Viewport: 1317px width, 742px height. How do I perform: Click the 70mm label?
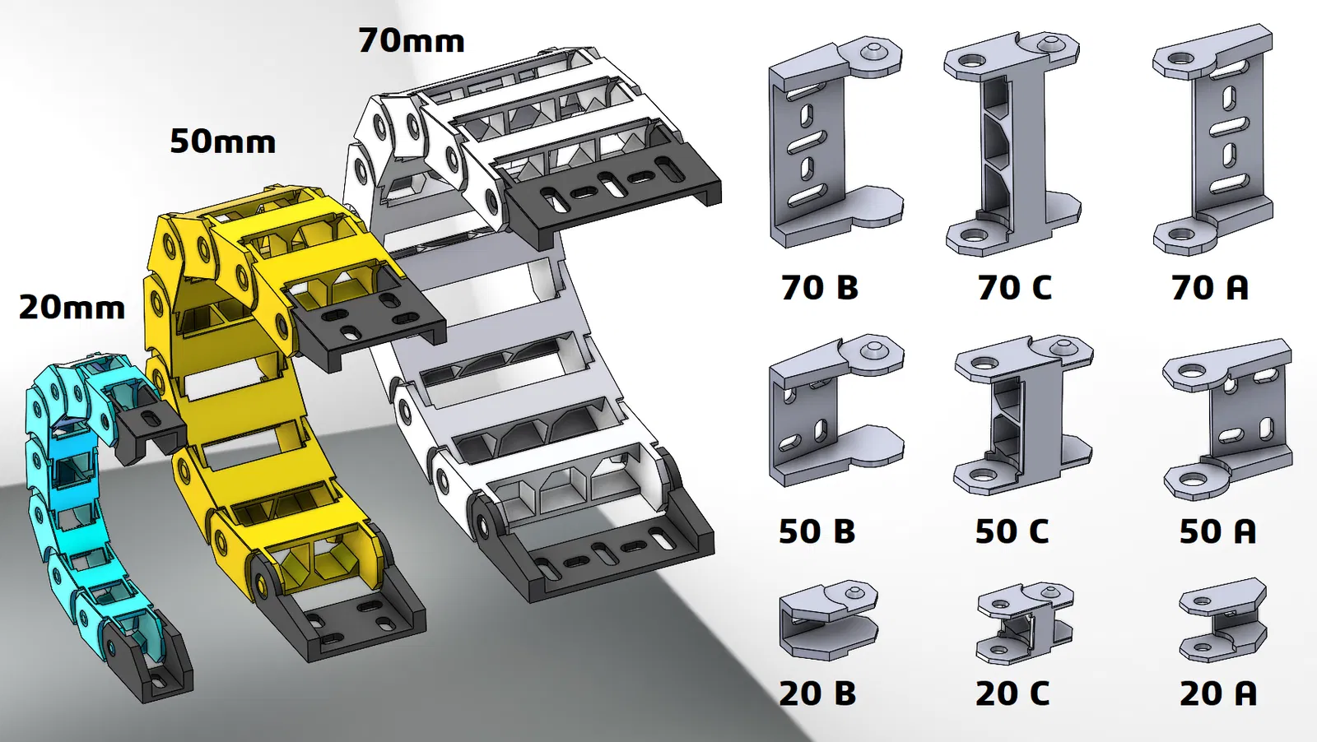tap(412, 41)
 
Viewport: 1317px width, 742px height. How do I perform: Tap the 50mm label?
tap(223, 142)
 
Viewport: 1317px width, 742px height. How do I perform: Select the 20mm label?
tap(72, 308)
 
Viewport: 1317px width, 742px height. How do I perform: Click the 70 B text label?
tap(820, 288)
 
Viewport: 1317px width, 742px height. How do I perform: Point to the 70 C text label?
tap(1015, 288)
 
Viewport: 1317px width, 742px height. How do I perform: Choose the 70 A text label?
tap(1210, 288)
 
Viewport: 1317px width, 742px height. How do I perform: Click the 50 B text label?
tap(817, 531)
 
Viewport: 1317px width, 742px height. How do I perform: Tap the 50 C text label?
tap(1012, 531)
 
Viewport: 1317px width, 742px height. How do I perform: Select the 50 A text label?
tap(1218, 531)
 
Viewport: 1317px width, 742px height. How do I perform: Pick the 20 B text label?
tap(818, 693)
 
